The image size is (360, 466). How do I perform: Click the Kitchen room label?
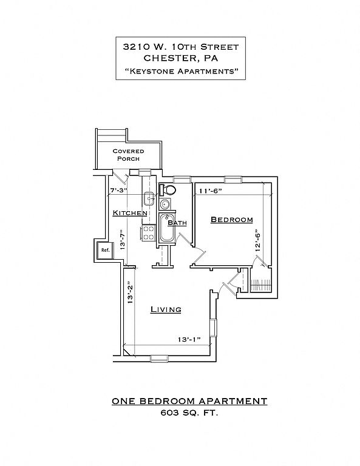(130, 213)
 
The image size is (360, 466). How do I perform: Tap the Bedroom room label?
(231, 220)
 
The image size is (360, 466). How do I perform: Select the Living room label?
(166, 309)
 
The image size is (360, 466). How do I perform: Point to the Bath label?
(177, 223)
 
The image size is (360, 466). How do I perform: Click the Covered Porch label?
(129, 155)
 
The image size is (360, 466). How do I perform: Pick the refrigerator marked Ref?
(105, 250)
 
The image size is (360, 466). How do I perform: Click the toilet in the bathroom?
(168, 189)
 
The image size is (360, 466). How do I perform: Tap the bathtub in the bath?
(166, 228)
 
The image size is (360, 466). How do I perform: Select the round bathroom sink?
(165, 204)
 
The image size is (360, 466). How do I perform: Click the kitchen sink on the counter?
(149, 198)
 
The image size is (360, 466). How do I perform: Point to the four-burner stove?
(148, 233)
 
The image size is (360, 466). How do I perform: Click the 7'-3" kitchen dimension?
(118, 190)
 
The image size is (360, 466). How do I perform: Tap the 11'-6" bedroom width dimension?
(211, 191)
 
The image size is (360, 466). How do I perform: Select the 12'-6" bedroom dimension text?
(258, 240)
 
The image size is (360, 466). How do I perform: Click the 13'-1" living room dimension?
(189, 339)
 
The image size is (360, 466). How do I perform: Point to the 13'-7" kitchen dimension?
(122, 240)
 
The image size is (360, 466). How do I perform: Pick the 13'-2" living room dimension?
(129, 292)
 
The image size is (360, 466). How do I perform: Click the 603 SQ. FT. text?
(189, 413)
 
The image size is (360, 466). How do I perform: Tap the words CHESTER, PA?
(181, 58)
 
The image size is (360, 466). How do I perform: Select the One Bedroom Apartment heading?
(189, 401)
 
